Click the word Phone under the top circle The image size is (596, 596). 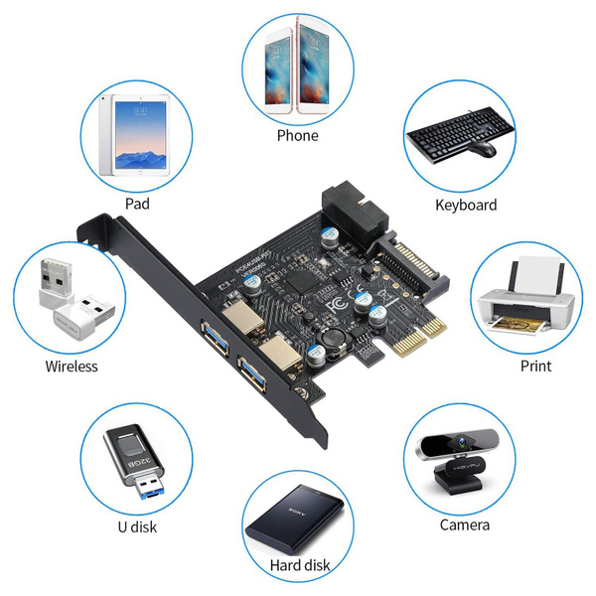click(x=298, y=135)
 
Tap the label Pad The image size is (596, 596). click(x=138, y=204)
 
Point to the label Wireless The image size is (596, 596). click(x=72, y=366)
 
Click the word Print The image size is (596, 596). click(x=535, y=365)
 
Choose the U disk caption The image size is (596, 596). click(x=136, y=526)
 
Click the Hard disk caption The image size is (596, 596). click(x=299, y=566)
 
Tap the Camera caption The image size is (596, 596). click(x=465, y=524)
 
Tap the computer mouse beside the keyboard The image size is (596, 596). click(x=483, y=149)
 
